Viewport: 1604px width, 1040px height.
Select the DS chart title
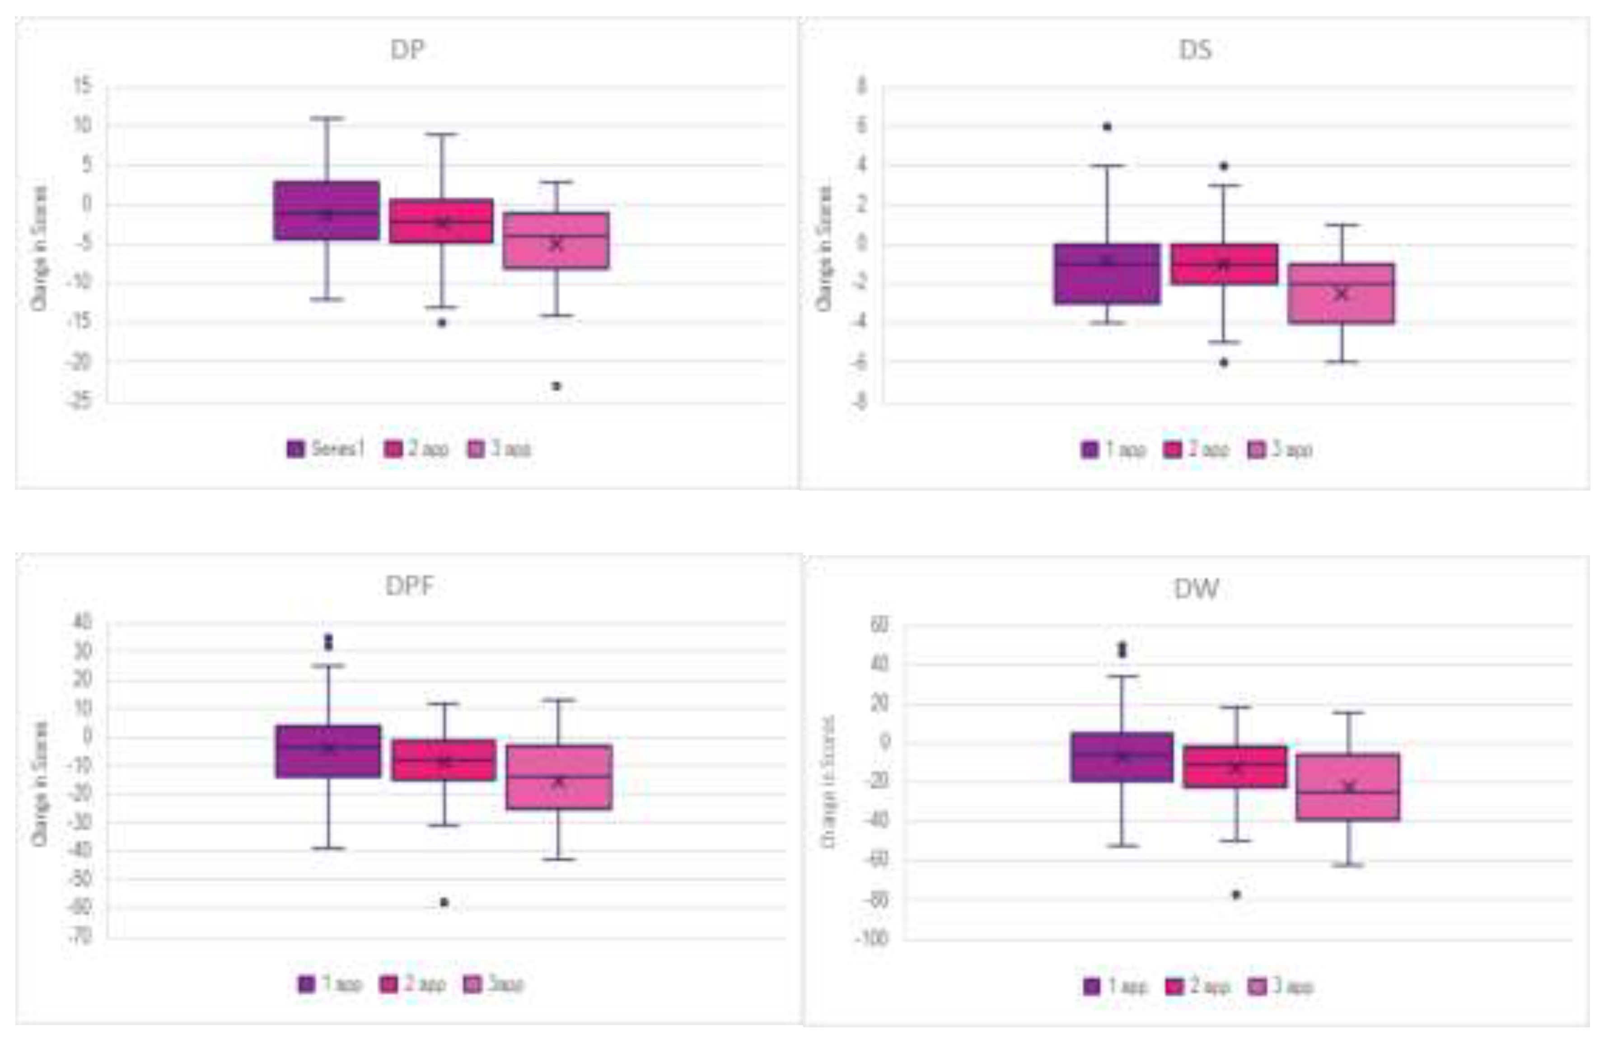(1195, 50)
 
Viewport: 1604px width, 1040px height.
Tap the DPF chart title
(409, 586)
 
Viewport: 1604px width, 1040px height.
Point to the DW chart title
(1196, 589)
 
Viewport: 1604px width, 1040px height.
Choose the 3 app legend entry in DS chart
(1281, 450)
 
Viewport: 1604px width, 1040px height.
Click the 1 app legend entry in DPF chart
(330, 984)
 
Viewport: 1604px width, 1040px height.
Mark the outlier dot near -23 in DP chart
(556, 386)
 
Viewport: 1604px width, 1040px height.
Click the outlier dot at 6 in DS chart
(1107, 126)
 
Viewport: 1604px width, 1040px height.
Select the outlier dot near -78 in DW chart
(1236, 895)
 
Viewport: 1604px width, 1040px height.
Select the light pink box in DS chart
(1341, 294)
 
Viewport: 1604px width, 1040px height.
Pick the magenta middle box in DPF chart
(444, 760)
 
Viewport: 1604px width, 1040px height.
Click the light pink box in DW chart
(1348, 787)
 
